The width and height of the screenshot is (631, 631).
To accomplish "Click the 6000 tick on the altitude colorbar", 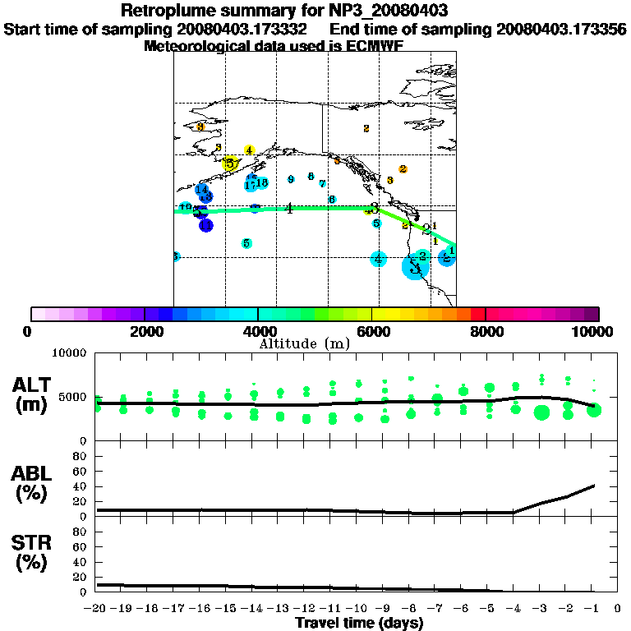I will click(x=372, y=331).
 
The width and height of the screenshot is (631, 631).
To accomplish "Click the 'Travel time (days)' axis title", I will click(x=359, y=623).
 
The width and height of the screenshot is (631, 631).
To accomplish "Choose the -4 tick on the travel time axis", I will click(x=514, y=609).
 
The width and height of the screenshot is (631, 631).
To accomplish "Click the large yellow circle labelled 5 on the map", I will click(x=231, y=164).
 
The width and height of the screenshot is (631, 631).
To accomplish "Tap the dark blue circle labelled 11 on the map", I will click(x=205, y=225).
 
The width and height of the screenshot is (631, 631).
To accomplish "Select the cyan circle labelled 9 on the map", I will click(x=291, y=179).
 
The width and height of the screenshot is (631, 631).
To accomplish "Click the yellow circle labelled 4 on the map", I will click(x=249, y=150).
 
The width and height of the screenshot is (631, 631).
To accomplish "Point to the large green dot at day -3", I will click(x=541, y=412).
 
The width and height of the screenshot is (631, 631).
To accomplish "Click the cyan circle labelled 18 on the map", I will click(x=262, y=182).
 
